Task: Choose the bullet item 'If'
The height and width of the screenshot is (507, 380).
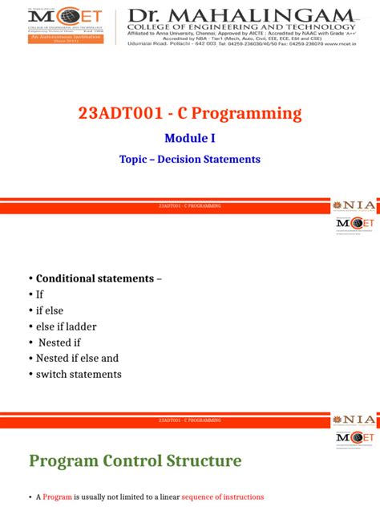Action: pyautogui.click(x=39, y=294)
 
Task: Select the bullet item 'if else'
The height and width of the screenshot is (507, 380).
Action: pyautogui.click(x=49, y=310)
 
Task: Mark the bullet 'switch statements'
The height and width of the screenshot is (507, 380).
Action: pyautogui.click(x=79, y=375)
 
